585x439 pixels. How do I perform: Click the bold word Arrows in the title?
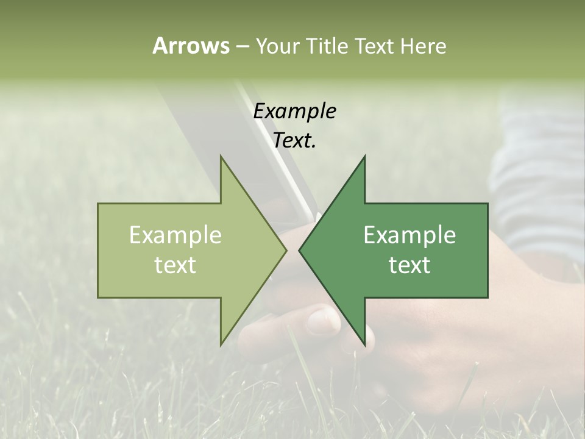tap(191, 46)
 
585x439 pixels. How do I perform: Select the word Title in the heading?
tap(327, 46)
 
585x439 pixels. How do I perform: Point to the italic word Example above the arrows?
tap(294, 111)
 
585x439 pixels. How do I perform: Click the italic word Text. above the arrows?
tap(294, 141)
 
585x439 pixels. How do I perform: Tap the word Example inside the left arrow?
tap(175, 235)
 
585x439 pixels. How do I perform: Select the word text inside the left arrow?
tap(175, 265)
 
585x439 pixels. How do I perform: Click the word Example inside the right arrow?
tap(409, 235)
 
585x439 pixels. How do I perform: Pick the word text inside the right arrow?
tap(409, 265)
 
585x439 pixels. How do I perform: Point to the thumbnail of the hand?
tap(322, 319)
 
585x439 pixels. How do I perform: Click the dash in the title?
tap(241, 46)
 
